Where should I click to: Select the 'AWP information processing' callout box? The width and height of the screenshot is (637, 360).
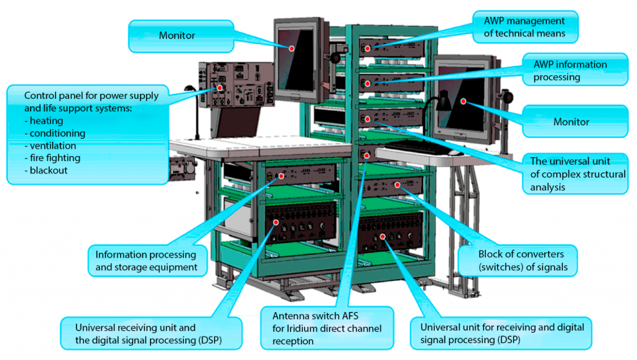[570, 71]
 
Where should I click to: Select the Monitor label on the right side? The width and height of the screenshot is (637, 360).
[570, 122]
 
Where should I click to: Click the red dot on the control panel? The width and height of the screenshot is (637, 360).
[220, 88]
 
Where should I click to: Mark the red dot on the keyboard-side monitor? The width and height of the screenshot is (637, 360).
[462, 99]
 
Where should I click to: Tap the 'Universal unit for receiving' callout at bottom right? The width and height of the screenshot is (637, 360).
[501, 333]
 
